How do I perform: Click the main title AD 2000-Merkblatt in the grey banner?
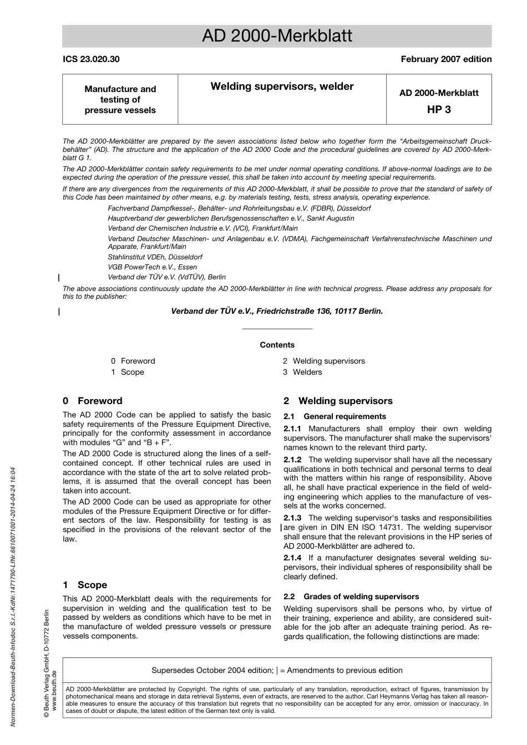coord(277,36)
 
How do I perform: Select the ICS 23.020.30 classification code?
coord(91,59)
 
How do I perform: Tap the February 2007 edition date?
coord(446,59)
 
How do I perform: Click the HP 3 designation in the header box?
coord(439,109)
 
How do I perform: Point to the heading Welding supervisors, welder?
coord(282,86)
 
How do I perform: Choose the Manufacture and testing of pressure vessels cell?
coord(120,99)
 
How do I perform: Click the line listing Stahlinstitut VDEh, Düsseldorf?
coord(155,257)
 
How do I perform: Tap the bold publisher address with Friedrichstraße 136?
coord(277,312)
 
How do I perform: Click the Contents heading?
coord(277,345)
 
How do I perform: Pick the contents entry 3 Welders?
coord(302,372)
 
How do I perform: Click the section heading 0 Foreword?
coord(93,401)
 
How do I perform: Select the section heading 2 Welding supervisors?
coord(338,401)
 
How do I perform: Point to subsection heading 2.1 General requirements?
coord(335,416)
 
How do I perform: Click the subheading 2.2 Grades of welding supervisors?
coord(351,596)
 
